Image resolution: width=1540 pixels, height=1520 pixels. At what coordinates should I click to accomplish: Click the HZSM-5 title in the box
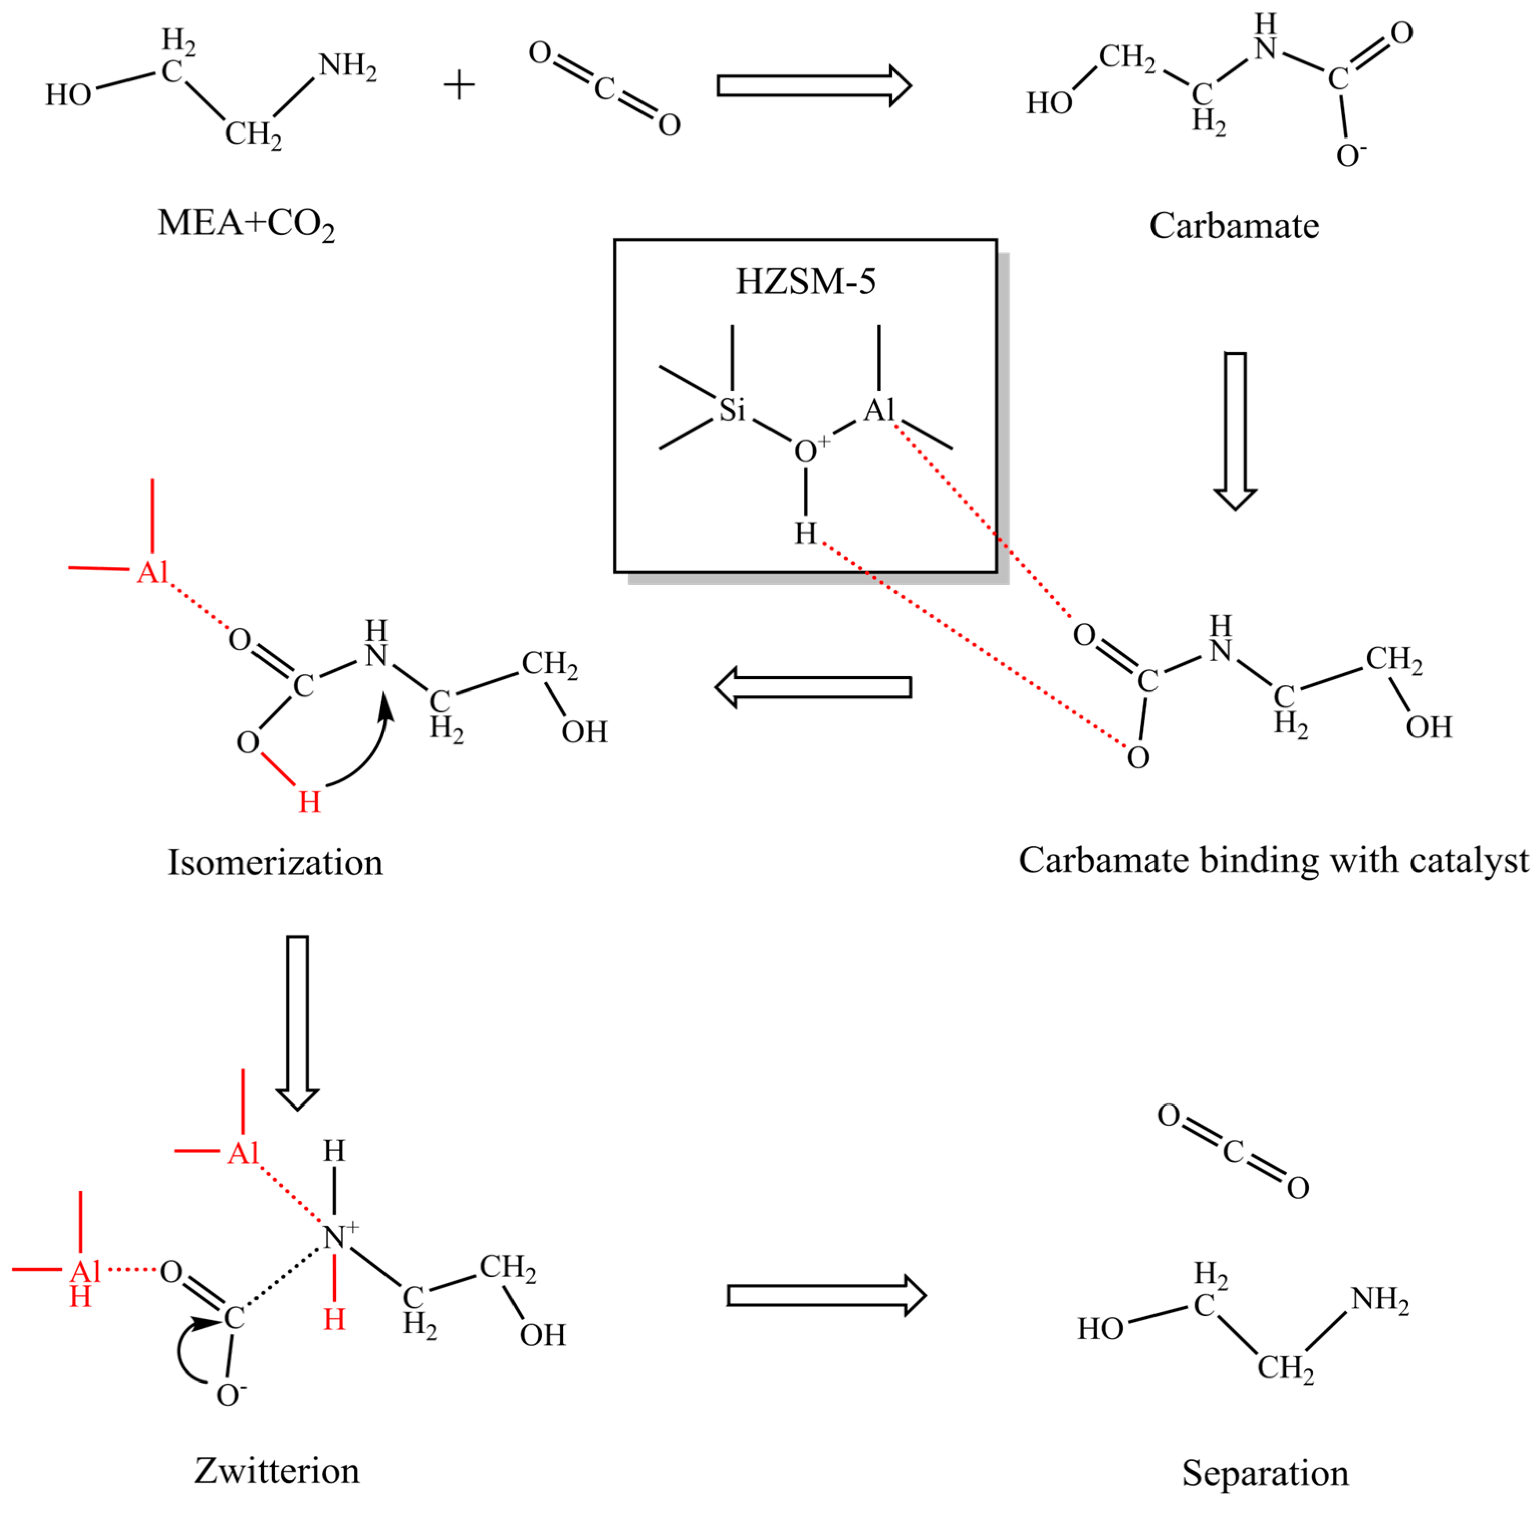pyautogui.click(x=805, y=282)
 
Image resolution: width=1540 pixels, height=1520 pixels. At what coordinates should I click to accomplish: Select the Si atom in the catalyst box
pyautogui.click(x=732, y=409)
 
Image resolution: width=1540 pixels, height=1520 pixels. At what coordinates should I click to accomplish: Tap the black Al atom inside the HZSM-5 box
pyautogui.click(x=879, y=409)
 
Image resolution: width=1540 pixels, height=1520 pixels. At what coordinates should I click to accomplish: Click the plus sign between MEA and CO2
pyautogui.click(x=459, y=84)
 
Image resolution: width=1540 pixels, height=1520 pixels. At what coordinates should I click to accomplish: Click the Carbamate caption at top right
pyautogui.click(x=1234, y=226)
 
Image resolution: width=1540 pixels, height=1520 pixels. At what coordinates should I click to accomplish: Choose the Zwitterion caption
pyautogui.click(x=277, y=1471)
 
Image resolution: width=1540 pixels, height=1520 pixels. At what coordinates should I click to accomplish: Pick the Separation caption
pyautogui.click(x=1265, y=1473)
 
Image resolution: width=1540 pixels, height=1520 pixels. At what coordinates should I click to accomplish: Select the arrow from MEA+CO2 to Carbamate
pyautogui.click(x=813, y=85)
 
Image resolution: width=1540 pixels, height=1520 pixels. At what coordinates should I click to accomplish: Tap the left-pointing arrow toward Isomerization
pyautogui.click(x=813, y=687)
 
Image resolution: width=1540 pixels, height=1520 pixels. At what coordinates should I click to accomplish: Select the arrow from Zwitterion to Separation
pyautogui.click(x=826, y=1295)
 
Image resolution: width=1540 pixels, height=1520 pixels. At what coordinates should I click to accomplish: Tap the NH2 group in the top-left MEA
pyautogui.click(x=347, y=66)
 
